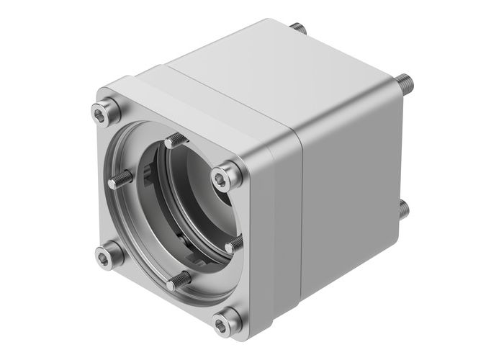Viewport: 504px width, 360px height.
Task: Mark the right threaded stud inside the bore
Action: pos(233,246)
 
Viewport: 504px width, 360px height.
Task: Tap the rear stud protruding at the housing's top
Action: pos(298,30)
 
